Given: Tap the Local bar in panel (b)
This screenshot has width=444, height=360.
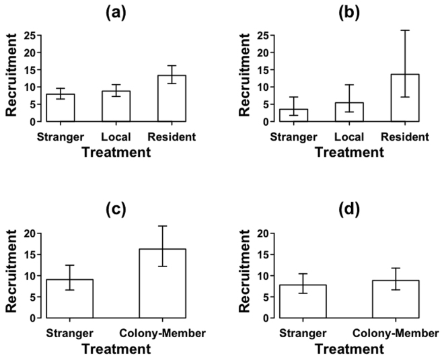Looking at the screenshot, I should [x=349, y=112].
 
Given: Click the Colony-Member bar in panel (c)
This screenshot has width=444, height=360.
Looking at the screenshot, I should [x=162, y=283].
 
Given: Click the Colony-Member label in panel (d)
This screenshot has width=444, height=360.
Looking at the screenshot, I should [x=393, y=333].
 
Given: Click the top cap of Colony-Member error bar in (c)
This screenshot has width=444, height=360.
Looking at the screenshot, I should [x=162, y=226].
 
